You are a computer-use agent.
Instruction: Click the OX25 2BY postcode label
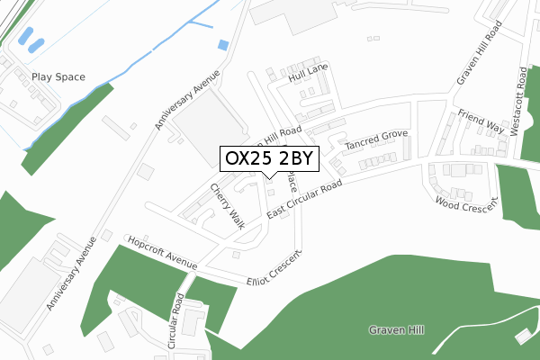(x=269, y=158)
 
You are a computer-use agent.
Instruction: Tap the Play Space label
(x=58, y=77)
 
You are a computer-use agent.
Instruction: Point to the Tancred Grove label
(x=375, y=140)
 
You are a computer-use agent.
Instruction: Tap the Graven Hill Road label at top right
(x=478, y=53)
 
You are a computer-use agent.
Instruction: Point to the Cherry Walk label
(x=228, y=207)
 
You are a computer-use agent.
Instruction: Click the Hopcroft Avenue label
(x=162, y=253)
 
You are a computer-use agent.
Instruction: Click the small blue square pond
(x=223, y=44)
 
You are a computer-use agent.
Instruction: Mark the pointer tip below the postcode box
(x=269, y=178)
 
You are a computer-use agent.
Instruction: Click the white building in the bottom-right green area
(x=522, y=336)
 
